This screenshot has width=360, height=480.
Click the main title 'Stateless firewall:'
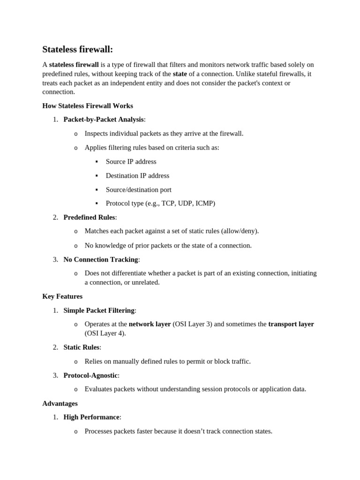(78, 49)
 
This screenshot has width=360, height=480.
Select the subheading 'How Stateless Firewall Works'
(88, 106)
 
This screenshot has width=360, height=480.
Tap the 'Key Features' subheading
(62, 296)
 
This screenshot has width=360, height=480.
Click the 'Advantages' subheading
(60, 403)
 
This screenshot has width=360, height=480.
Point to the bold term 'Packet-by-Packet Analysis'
(104, 120)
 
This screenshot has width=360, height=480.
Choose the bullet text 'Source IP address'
(131, 162)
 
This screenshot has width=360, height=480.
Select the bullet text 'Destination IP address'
(137, 176)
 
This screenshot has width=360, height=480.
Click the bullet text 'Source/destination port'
(139, 190)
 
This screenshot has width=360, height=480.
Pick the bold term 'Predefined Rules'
(89, 217)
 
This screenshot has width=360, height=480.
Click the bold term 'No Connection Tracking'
(101, 259)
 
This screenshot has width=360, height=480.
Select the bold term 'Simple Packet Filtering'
(99, 310)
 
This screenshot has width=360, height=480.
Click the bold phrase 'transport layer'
(291, 324)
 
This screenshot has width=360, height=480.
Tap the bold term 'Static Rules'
(82, 347)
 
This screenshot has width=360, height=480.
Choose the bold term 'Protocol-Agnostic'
(90, 375)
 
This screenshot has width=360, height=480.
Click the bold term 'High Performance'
(91, 417)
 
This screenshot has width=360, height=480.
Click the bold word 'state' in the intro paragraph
(180, 74)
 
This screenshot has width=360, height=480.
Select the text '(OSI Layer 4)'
(105, 333)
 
